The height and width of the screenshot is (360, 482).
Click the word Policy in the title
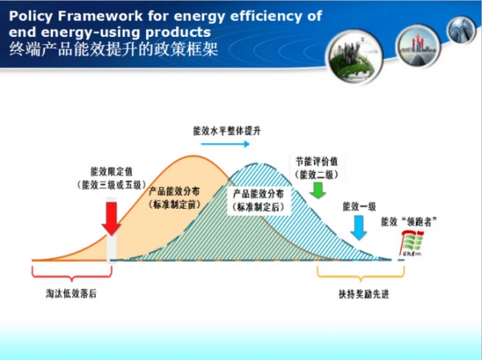32,15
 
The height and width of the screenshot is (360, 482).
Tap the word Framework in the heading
100,15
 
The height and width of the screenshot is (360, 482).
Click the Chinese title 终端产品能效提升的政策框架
112,49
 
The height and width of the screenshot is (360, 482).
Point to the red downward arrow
112,218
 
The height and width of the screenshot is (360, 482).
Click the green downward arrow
317,190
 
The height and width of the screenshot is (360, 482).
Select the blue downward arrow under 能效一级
359,227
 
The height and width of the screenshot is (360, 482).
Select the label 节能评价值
317,160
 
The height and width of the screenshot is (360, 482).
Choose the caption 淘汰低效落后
71,293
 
